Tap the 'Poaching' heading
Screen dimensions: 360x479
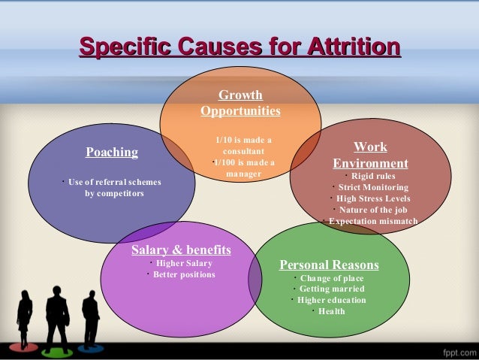[x=112, y=153]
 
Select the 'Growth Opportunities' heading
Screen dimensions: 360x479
[x=240, y=104]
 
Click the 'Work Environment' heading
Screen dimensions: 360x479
[x=370, y=156]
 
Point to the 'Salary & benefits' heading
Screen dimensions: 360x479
[x=181, y=250]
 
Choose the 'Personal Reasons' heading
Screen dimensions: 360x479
[x=329, y=265]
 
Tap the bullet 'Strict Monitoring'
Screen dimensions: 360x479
[x=373, y=187]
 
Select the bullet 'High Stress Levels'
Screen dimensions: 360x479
[x=373, y=198]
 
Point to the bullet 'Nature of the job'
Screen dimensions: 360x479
[x=373, y=210]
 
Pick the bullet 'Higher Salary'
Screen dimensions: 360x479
[x=184, y=263]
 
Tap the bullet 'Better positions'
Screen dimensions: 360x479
[x=184, y=274]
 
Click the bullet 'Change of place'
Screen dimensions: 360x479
[x=330, y=278]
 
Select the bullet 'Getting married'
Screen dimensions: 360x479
[x=332, y=289]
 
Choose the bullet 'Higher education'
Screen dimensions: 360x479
[x=332, y=300]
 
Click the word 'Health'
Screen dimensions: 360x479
[x=331, y=311]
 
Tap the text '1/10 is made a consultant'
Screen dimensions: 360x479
[x=243, y=146]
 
